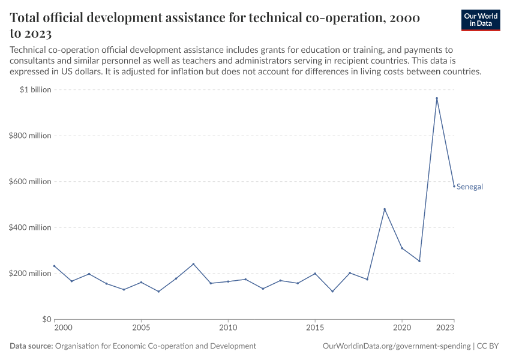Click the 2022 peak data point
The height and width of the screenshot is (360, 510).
click(x=437, y=98)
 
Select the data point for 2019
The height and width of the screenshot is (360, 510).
click(x=385, y=209)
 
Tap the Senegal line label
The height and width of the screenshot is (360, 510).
click(x=469, y=187)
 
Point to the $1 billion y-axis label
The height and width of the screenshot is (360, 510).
click(x=36, y=90)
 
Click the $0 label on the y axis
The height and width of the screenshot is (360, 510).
click(x=46, y=319)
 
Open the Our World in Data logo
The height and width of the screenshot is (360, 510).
click(x=481, y=20)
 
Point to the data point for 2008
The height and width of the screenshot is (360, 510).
click(x=193, y=264)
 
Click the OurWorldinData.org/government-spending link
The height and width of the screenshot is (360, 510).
click(x=396, y=346)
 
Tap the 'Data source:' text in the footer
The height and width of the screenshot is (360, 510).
click(x=31, y=346)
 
